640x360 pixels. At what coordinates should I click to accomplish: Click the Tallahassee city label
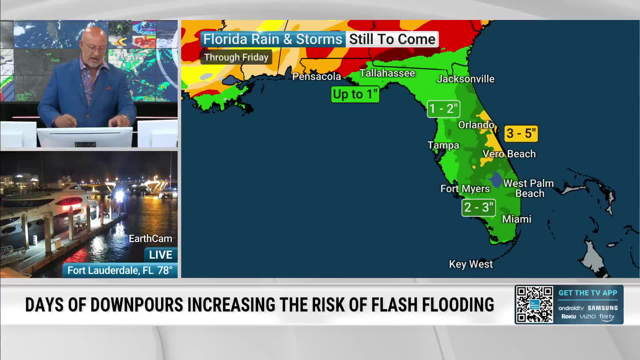(387, 73)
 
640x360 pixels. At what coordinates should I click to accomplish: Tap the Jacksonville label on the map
(466, 79)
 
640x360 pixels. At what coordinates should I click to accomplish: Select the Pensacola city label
(316, 77)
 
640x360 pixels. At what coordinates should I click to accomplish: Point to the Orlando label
(476, 125)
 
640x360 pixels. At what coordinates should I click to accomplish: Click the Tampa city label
(443, 145)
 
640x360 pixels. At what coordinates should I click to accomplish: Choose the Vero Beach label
(509, 154)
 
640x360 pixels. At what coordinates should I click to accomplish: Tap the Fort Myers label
(465, 189)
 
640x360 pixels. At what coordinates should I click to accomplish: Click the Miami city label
(517, 219)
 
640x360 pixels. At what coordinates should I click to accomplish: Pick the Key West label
(471, 264)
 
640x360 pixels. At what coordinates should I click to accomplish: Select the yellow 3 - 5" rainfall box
(521, 133)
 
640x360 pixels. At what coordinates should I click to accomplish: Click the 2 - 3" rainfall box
(478, 207)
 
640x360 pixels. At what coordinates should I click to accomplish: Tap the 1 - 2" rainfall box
(443, 109)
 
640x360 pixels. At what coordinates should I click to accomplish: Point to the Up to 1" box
(355, 94)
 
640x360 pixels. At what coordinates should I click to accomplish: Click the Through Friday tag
(236, 57)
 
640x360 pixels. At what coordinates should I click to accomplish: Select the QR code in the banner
(534, 304)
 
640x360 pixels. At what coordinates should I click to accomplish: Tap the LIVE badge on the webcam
(161, 255)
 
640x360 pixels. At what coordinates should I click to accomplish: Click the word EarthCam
(150, 239)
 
